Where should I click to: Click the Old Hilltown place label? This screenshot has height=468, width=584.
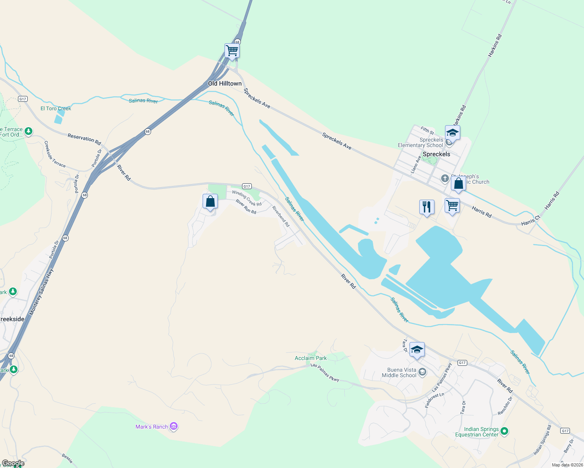coord(224,83)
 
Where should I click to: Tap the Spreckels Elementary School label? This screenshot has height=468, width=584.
coord(420,143)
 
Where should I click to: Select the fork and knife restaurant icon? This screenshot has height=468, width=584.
coord(427,207)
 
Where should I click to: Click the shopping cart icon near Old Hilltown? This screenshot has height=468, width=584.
coord(232,51)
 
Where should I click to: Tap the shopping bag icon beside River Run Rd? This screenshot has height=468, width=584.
coord(210,202)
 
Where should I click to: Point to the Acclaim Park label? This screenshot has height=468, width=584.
coord(311,358)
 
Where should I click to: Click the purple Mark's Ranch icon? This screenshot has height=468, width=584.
coord(174,427)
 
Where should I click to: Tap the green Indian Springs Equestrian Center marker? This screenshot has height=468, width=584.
coord(504,431)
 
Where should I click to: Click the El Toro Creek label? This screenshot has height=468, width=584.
coord(56,108)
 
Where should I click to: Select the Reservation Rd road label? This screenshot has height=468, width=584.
coord(84,139)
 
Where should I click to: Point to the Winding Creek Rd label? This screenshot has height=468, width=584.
coord(247,198)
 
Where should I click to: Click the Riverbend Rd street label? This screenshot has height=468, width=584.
coord(281,216)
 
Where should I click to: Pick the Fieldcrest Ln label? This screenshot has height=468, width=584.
coord(434,400)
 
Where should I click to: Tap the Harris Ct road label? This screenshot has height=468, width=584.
coord(531,222)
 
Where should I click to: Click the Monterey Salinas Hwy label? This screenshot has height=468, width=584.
coord(41,292)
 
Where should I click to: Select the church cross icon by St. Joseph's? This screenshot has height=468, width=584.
coord(445,179)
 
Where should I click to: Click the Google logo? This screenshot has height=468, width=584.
coord(13,463)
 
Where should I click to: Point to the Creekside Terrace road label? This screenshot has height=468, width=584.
coord(55,154)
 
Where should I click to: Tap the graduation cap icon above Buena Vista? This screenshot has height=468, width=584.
coord(417,349)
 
